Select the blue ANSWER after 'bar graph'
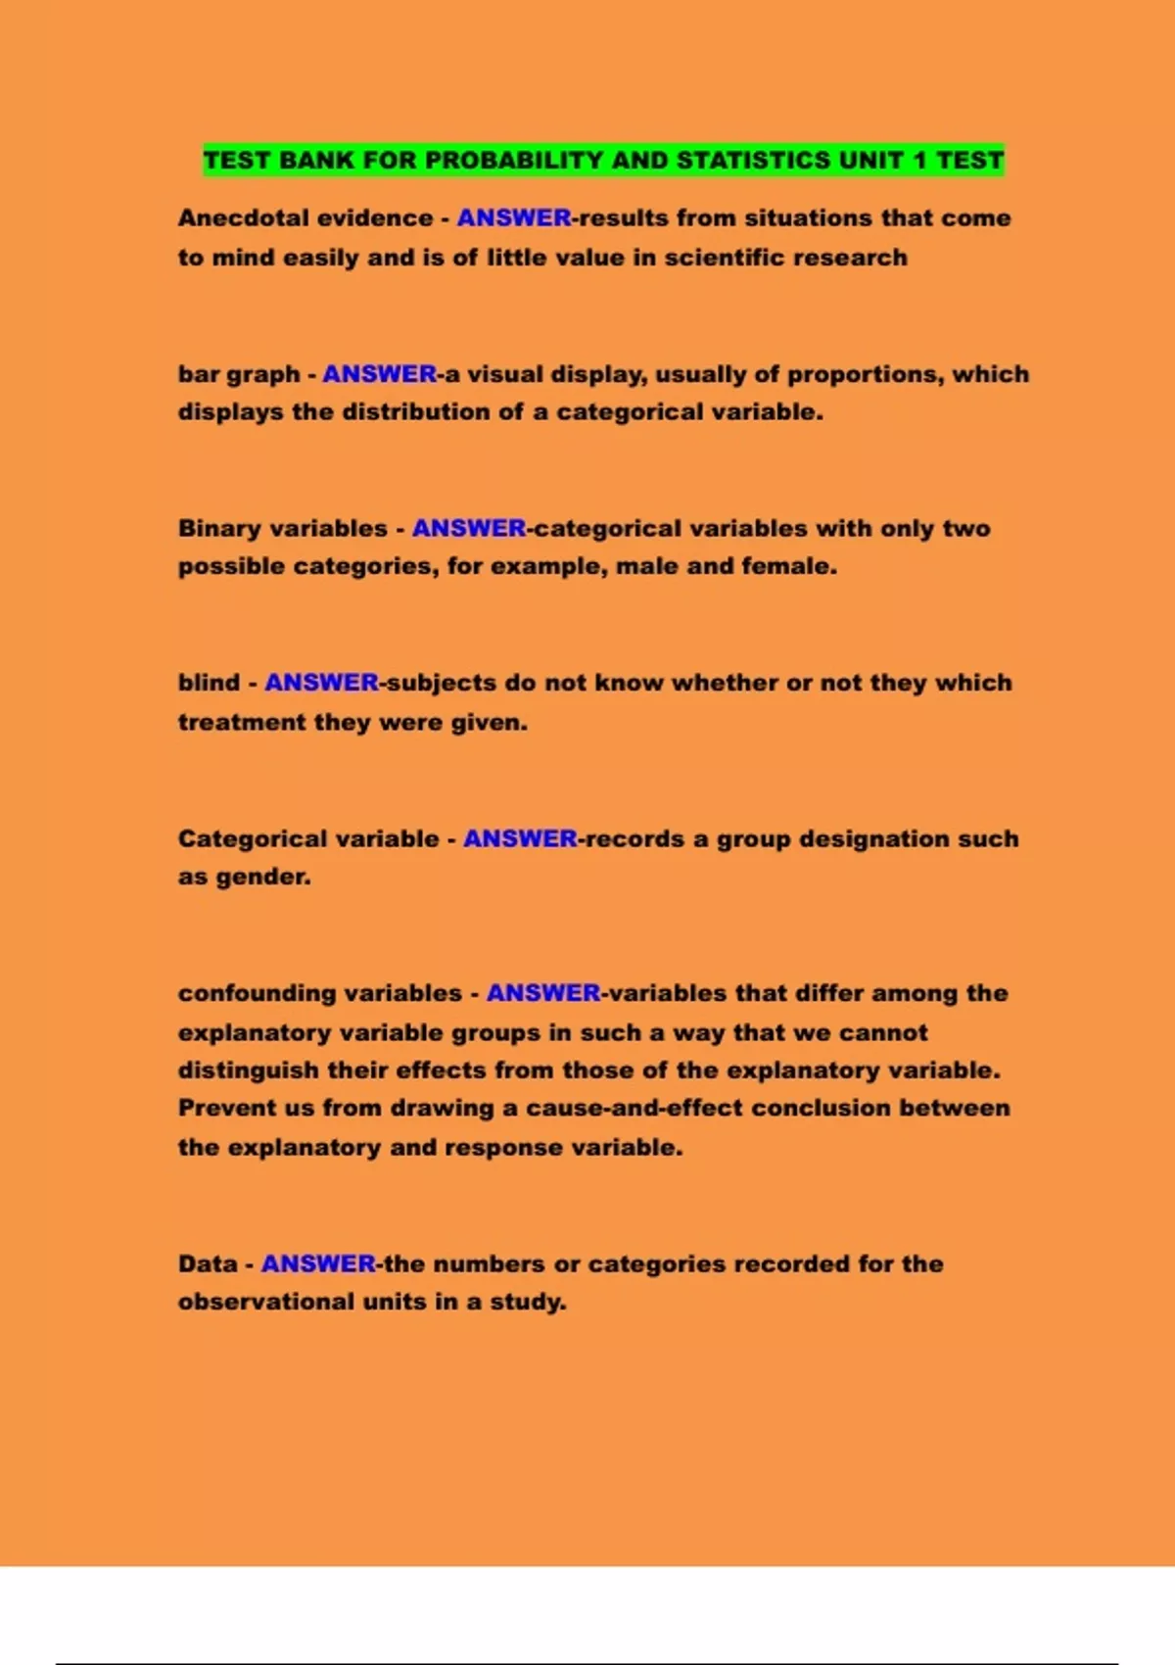[380, 374]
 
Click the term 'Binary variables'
[283, 529]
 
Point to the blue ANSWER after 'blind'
[321, 683]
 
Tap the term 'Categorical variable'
[308, 839]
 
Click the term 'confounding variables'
[320, 993]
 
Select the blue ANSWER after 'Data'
[318, 1264]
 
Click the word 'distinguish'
[249, 1070]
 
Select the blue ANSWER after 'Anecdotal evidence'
[514, 218]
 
